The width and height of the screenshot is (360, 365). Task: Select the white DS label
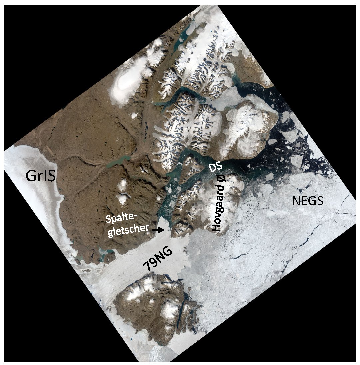216,167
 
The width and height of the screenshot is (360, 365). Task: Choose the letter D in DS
212,169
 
